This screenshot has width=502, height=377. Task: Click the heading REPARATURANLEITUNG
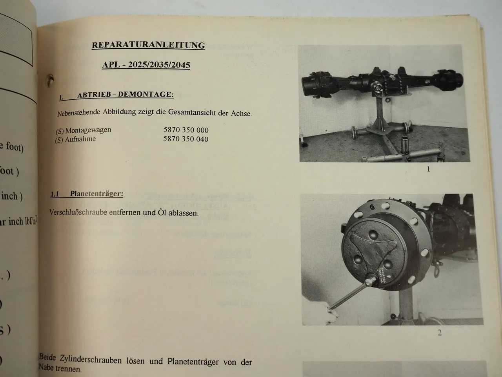(x=148, y=45)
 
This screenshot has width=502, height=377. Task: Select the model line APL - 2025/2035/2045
(x=146, y=65)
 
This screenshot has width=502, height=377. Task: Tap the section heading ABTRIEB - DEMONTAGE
(x=125, y=95)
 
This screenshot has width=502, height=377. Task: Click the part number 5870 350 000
(x=186, y=130)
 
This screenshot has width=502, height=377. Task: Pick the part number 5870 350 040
(x=186, y=139)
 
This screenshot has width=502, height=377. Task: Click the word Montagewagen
(x=88, y=130)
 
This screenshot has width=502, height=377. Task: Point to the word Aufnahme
(x=80, y=139)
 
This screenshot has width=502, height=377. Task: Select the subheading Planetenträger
(x=96, y=194)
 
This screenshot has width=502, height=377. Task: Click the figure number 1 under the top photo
(x=428, y=169)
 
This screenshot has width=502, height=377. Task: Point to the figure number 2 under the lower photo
(x=440, y=333)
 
